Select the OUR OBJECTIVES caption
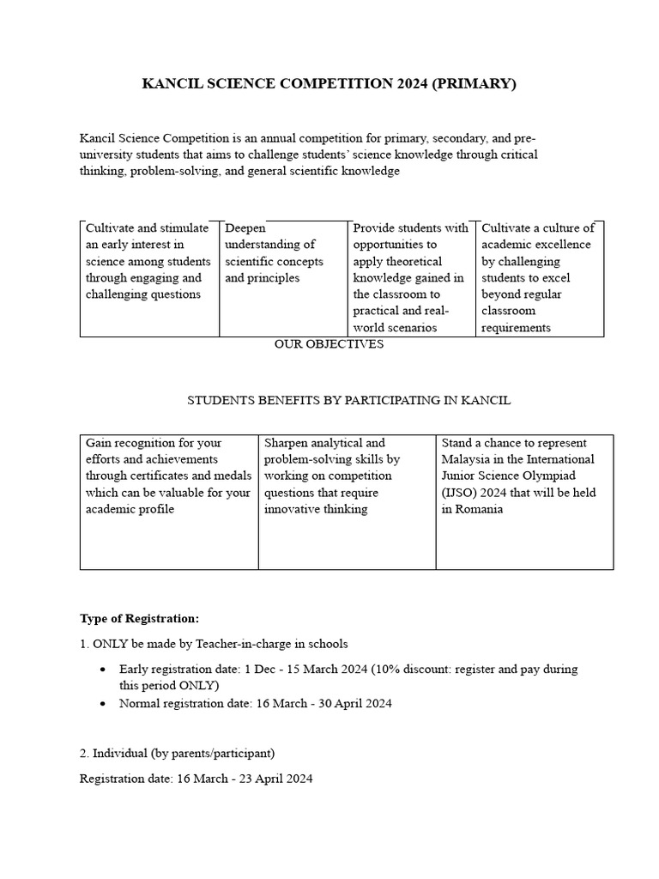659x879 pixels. (x=329, y=344)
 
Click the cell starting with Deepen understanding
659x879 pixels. (x=284, y=253)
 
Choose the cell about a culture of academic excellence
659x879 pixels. (x=539, y=277)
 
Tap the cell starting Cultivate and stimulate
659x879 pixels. (x=148, y=261)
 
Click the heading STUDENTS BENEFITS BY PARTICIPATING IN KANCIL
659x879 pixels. (x=348, y=400)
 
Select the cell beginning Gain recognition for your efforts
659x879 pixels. (x=169, y=476)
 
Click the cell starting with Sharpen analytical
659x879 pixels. (x=347, y=476)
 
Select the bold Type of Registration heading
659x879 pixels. (x=139, y=618)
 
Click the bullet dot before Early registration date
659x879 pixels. (x=104, y=669)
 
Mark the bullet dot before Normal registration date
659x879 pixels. (x=104, y=703)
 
